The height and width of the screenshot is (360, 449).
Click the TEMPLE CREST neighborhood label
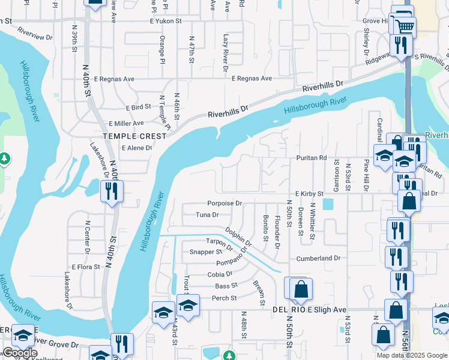click(134, 136)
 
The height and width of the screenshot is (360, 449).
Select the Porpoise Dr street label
click(224, 203)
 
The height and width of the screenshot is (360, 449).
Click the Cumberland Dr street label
click(318, 258)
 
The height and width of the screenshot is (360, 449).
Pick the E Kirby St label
click(309, 194)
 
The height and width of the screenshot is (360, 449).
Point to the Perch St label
click(224, 298)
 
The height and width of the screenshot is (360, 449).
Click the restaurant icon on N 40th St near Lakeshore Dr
click(112, 190)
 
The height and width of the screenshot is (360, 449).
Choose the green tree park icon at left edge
click(4, 159)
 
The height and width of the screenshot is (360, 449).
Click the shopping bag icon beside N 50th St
click(301, 289)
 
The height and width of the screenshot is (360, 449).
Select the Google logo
click(20, 353)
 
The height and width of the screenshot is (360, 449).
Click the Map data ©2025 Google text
click(412, 355)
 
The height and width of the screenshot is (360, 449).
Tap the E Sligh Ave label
click(327, 310)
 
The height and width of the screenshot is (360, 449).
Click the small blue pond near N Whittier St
click(328, 205)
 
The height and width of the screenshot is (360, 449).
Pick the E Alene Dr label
click(137, 148)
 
